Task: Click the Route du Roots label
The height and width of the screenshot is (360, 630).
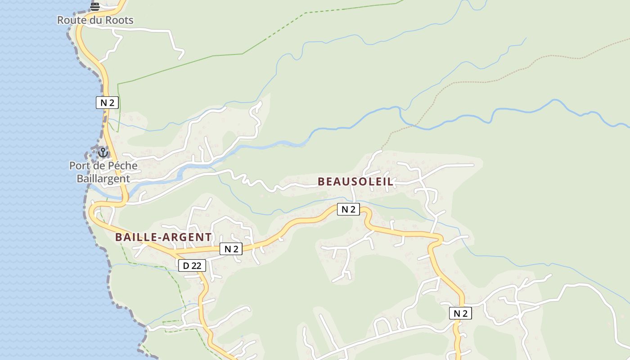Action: [x=95, y=20]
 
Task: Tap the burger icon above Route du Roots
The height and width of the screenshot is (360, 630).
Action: [x=94, y=6]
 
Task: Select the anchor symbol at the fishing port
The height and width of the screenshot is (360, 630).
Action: [x=103, y=153]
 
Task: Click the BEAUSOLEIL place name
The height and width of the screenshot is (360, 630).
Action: [x=355, y=182]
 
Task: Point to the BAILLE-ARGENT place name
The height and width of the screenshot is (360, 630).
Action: [x=163, y=237]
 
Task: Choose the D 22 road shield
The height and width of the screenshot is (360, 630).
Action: [x=192, y=266]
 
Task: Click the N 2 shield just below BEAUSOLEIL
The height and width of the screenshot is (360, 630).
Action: [x=348, y=209]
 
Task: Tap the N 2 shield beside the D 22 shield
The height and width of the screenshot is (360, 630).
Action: [x=231, y=249]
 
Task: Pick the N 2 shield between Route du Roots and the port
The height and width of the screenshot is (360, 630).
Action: [x=107, y=103]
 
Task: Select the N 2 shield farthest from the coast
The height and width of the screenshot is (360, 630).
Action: [x=460, y=314]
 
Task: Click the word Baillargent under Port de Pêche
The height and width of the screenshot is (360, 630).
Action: [x=103, y=179]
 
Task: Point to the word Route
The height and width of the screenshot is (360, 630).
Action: [x=71, y=20]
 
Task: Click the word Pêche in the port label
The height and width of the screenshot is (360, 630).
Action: [x=122, y=166]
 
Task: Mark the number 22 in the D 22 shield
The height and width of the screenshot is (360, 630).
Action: [x=196, y=266]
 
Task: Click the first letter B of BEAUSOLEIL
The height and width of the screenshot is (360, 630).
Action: [x=321, y=182]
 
